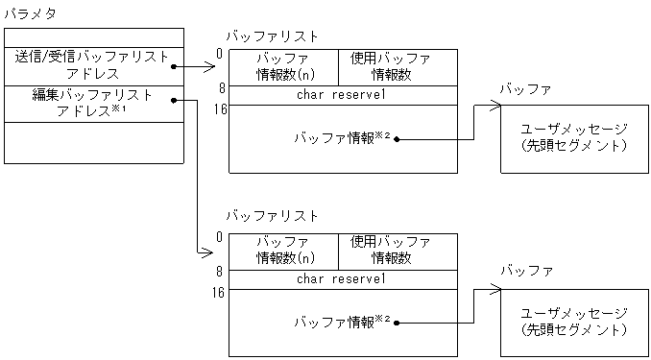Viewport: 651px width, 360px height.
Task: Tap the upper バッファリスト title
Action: pyautogui.click(x=272, y=36)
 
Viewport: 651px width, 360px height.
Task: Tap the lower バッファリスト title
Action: pyautogui.click(x=272, y=216)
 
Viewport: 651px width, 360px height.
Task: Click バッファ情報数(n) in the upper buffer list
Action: pyautogui.click(x=284, y=67)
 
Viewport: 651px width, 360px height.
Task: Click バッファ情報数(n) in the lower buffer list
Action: pyautogui.click(x=284, y=250)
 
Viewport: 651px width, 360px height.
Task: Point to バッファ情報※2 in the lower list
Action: pyautogui.click(x=341, y=320)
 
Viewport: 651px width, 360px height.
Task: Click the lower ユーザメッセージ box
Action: pyautogui.click(x=572, y=321)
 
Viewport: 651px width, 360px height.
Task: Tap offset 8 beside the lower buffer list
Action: pyautogui.click(x=220, y=272)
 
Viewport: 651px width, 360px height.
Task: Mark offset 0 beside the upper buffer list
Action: pyautogui.click(x=220, y=54)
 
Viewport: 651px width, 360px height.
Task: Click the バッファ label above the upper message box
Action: pyautogui.click(x=525, y=89)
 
